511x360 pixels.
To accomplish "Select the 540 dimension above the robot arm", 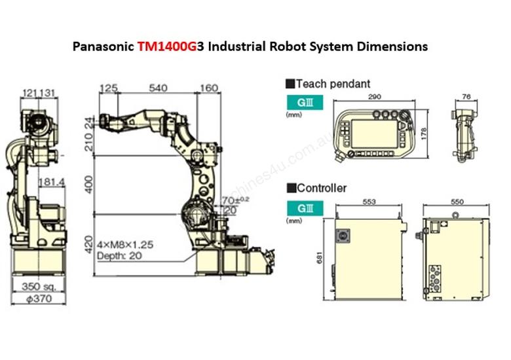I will pyautogui.click(x=159, y=88).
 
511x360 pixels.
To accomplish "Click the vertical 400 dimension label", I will pyautogui.click(x=89, y=187).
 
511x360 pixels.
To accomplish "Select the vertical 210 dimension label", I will pyautogui.click(x=89, y=139).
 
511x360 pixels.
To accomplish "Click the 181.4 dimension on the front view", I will pyautogui.click(x=52, y=181).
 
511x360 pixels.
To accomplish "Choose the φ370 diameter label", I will pyautogui.click(x=37, y=298).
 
